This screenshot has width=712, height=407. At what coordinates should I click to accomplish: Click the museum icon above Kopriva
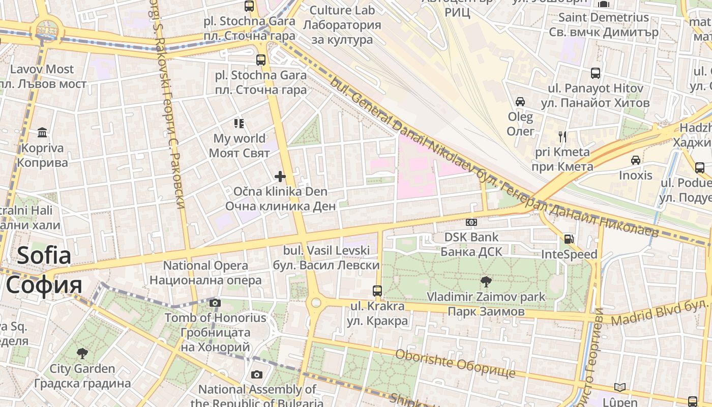tap(42, 133)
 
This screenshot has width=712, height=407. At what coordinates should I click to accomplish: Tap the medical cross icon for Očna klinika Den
tap(280, 177)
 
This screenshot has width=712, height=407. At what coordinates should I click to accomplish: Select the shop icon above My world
tap(239, 123)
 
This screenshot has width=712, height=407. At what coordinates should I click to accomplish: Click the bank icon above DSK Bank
tap(471, 222)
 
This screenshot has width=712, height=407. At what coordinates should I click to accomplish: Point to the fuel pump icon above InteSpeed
tap(569, 239)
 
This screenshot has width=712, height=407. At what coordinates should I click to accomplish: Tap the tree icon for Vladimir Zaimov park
tap(486, 281)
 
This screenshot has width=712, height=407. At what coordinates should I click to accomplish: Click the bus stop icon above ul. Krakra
tap(377, 291)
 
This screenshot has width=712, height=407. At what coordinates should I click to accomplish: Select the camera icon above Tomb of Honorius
tap(215, 303)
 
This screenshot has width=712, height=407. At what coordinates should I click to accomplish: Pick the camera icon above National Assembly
tap(257, 375)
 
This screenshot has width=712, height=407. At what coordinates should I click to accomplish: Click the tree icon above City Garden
tap(82, 353)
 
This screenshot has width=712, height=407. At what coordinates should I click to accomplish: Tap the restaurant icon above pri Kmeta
tap(562, 136)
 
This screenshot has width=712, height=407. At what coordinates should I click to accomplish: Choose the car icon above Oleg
tap(520, 102)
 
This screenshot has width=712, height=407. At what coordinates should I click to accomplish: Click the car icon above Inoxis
tap(636, 160)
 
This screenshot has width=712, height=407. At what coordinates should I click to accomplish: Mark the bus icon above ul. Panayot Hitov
tap(596, 73)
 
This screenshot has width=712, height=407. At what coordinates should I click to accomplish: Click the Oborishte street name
tap(455, 363)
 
